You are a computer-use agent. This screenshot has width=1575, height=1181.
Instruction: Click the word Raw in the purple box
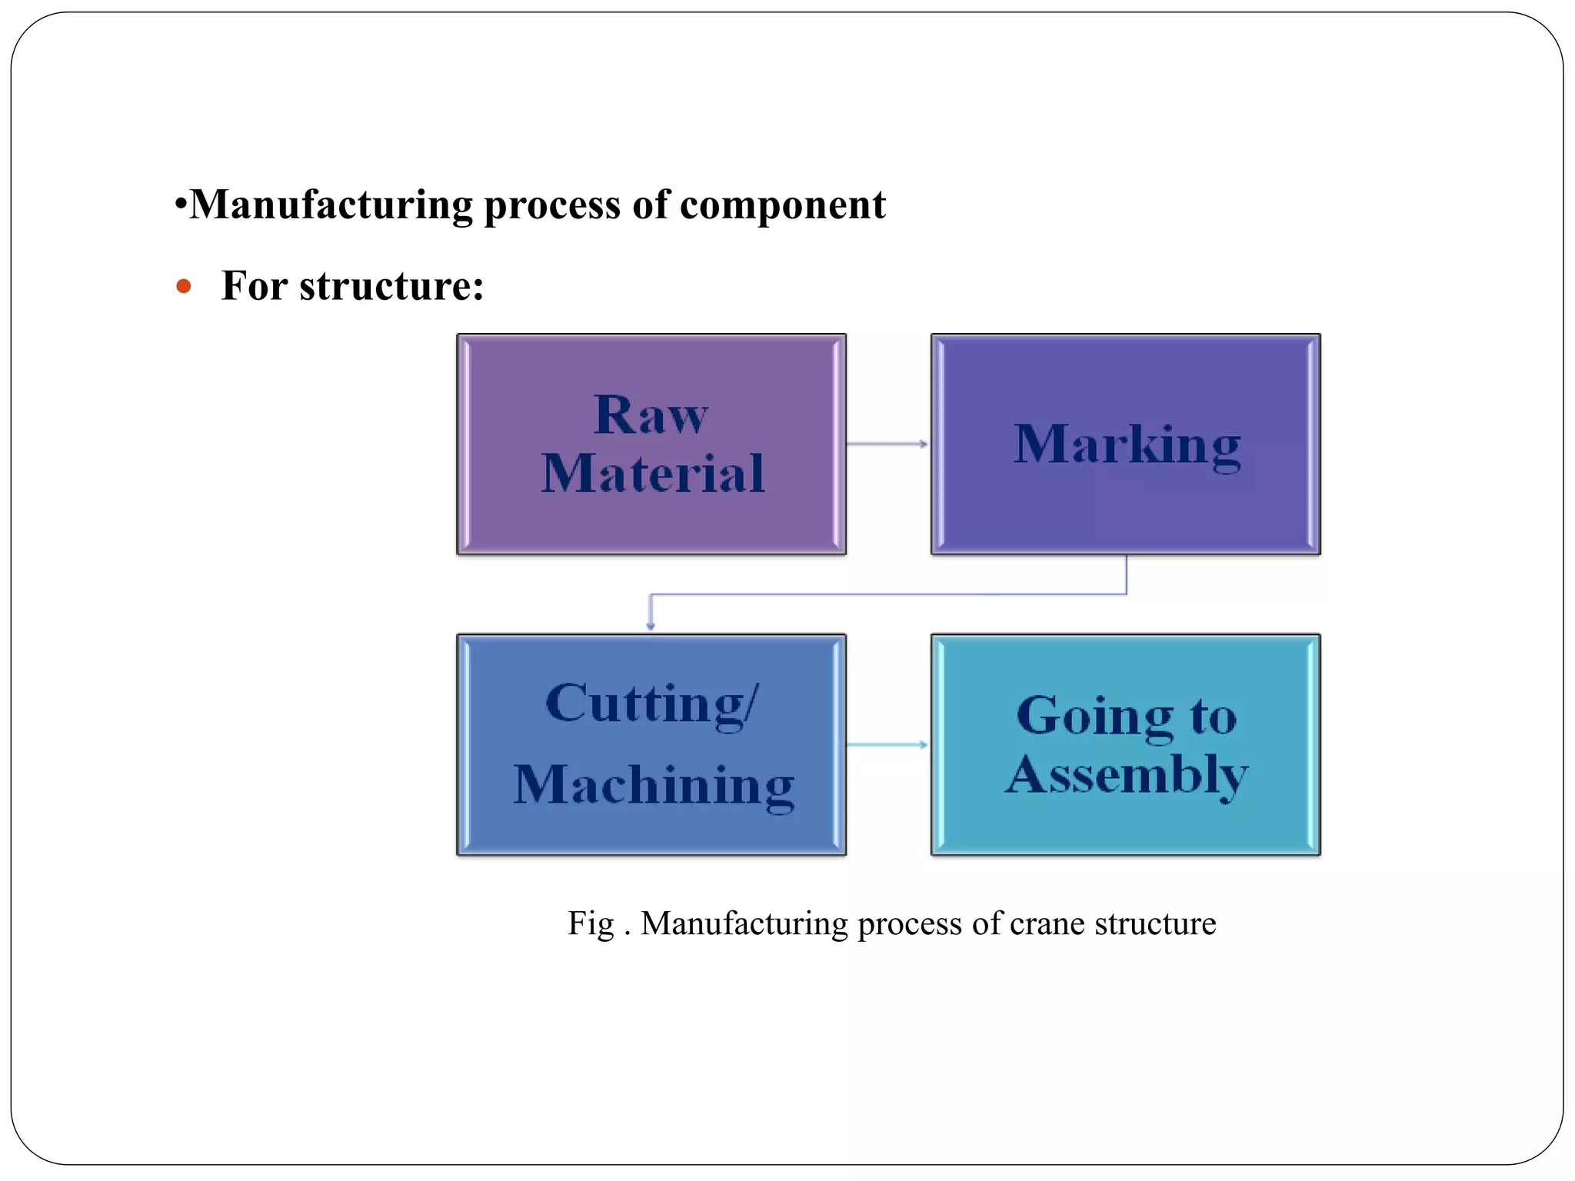tap(651, 415)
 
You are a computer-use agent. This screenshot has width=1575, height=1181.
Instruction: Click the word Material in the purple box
tap(653, 473)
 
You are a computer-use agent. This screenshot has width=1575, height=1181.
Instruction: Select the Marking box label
tap(1127, 445)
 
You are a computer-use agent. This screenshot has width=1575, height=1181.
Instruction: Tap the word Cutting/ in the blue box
tap(652, 704)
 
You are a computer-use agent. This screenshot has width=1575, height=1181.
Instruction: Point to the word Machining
tap(654, 785)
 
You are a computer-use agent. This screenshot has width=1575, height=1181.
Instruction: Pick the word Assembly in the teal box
tap(1127, 775)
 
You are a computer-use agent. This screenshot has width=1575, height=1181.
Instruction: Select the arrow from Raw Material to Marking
tap(887, 444)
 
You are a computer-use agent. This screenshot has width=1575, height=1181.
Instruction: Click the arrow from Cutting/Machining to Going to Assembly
tap(887, 744)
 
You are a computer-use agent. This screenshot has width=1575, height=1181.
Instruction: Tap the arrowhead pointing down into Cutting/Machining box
tap(651, 625)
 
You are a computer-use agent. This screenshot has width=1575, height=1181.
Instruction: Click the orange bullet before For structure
tap(183, 287)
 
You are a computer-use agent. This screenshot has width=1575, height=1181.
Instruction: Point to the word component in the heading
tap(783, 205)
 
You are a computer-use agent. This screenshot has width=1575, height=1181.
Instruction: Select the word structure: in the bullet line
tap(391, 286)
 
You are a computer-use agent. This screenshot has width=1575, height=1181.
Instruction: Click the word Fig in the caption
tap(591, 923)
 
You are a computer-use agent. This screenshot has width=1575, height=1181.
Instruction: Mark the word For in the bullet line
tap(255, 286)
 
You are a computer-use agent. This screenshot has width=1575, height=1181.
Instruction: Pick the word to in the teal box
tap(1214, 717)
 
